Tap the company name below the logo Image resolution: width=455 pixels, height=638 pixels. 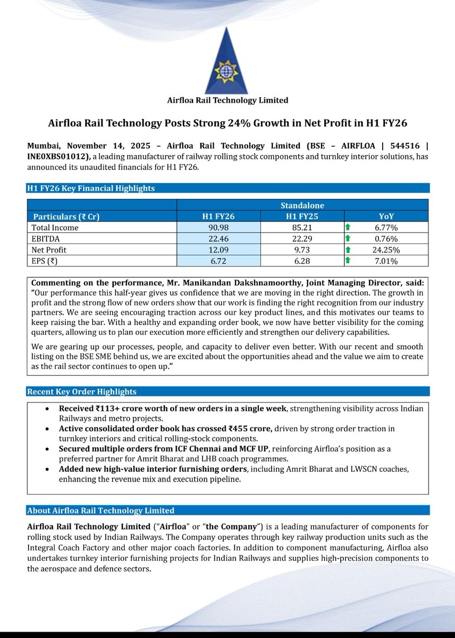227,100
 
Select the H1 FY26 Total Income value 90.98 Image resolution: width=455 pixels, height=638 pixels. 218,228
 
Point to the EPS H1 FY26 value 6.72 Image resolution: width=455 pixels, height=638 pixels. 218,261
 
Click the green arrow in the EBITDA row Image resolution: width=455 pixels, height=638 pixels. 347,239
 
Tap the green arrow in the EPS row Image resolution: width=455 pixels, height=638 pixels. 347,261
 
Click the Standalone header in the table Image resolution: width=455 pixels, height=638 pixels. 302,205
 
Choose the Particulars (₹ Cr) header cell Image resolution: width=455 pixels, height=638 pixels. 67,216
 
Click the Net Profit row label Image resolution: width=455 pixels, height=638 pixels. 49,250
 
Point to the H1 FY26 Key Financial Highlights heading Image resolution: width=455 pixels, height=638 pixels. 91,188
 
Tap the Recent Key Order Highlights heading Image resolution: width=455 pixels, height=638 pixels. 81,392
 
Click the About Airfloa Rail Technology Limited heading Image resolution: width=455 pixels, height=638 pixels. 100,510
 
